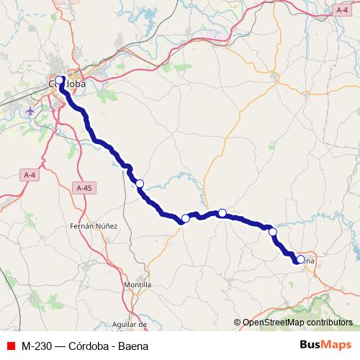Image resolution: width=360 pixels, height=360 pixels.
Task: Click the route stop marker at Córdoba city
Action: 60,81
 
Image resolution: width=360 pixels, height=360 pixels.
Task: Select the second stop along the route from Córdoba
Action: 140,184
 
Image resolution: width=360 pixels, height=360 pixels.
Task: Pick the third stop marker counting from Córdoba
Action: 186,218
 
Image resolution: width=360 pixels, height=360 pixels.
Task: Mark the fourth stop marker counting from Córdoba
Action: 223,212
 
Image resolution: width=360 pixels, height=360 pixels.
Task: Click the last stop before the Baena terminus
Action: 273,231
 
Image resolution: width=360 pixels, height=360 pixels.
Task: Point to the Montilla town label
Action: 138,285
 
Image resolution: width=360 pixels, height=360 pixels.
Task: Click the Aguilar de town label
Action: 130,325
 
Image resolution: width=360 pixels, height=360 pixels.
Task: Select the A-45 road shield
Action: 84,188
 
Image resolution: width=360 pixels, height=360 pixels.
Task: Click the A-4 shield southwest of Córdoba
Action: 30,175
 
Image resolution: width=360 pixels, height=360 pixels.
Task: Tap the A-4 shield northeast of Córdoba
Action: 343,9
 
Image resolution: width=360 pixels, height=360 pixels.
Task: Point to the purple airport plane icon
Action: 30,112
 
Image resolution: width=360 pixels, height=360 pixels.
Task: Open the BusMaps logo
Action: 325,345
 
